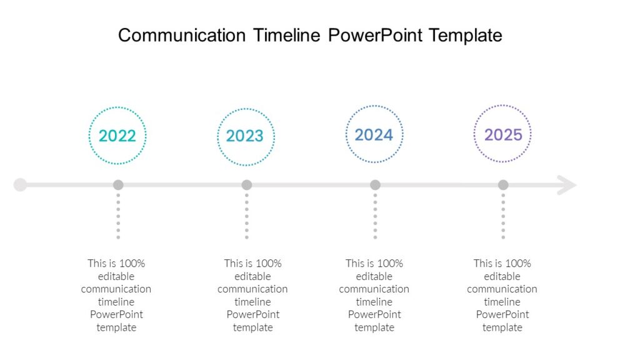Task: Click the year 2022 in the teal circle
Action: [x=117, y=136]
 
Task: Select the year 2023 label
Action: [x=245, y=136]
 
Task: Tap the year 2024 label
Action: [x=374, y=134]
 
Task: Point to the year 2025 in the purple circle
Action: [x=503, y=134]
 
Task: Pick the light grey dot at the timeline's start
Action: [x=20, y=185]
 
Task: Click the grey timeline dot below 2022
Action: [x=118, y=185]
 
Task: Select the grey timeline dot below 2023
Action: [x=247, y=185]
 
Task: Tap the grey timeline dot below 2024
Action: [x=375, y=185]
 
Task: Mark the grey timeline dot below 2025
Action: [x=503, y=185]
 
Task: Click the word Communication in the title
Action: [x=181, y=35]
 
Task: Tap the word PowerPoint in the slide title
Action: [x=376, y=35]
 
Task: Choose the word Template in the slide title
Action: [x=466, y=35]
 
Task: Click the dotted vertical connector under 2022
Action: [x=118, y=216]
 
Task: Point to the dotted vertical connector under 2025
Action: [x=503, y=216]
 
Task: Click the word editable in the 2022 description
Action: [x=116, y=276]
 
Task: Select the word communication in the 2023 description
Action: [x=252, y=289]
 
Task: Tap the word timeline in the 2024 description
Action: [x=374, y=302]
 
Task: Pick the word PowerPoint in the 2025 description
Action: [x=502, y=314]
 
